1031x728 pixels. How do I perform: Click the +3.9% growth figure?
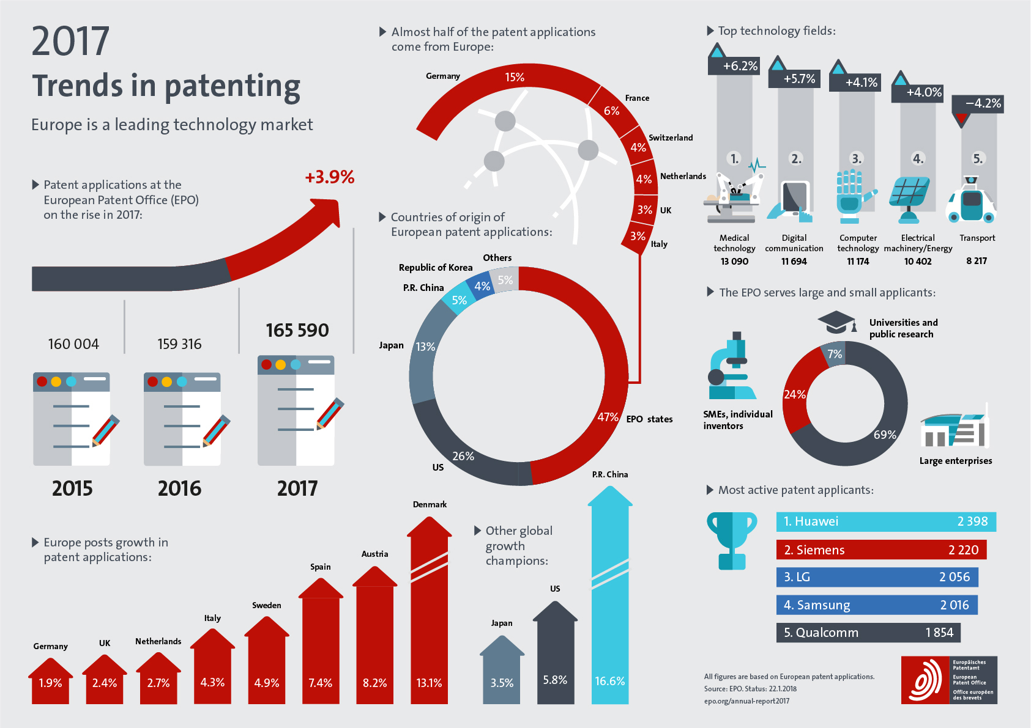(329, 177)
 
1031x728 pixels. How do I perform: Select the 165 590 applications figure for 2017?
(297, 331)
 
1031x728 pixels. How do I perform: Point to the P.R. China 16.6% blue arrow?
(610, 599)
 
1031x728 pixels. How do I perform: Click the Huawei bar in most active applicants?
(885, 521)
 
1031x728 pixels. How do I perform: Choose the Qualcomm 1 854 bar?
(868, 633)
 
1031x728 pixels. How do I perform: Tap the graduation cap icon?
(836, 322)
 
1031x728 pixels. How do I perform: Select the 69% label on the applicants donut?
(885, 435)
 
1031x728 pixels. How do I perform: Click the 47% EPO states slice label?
(607, 417)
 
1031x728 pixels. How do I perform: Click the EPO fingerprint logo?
(925, 680)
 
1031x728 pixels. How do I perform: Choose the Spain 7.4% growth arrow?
(321, 648)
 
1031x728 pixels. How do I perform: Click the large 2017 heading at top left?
(71, 42)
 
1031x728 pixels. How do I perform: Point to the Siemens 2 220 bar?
(881, 550)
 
